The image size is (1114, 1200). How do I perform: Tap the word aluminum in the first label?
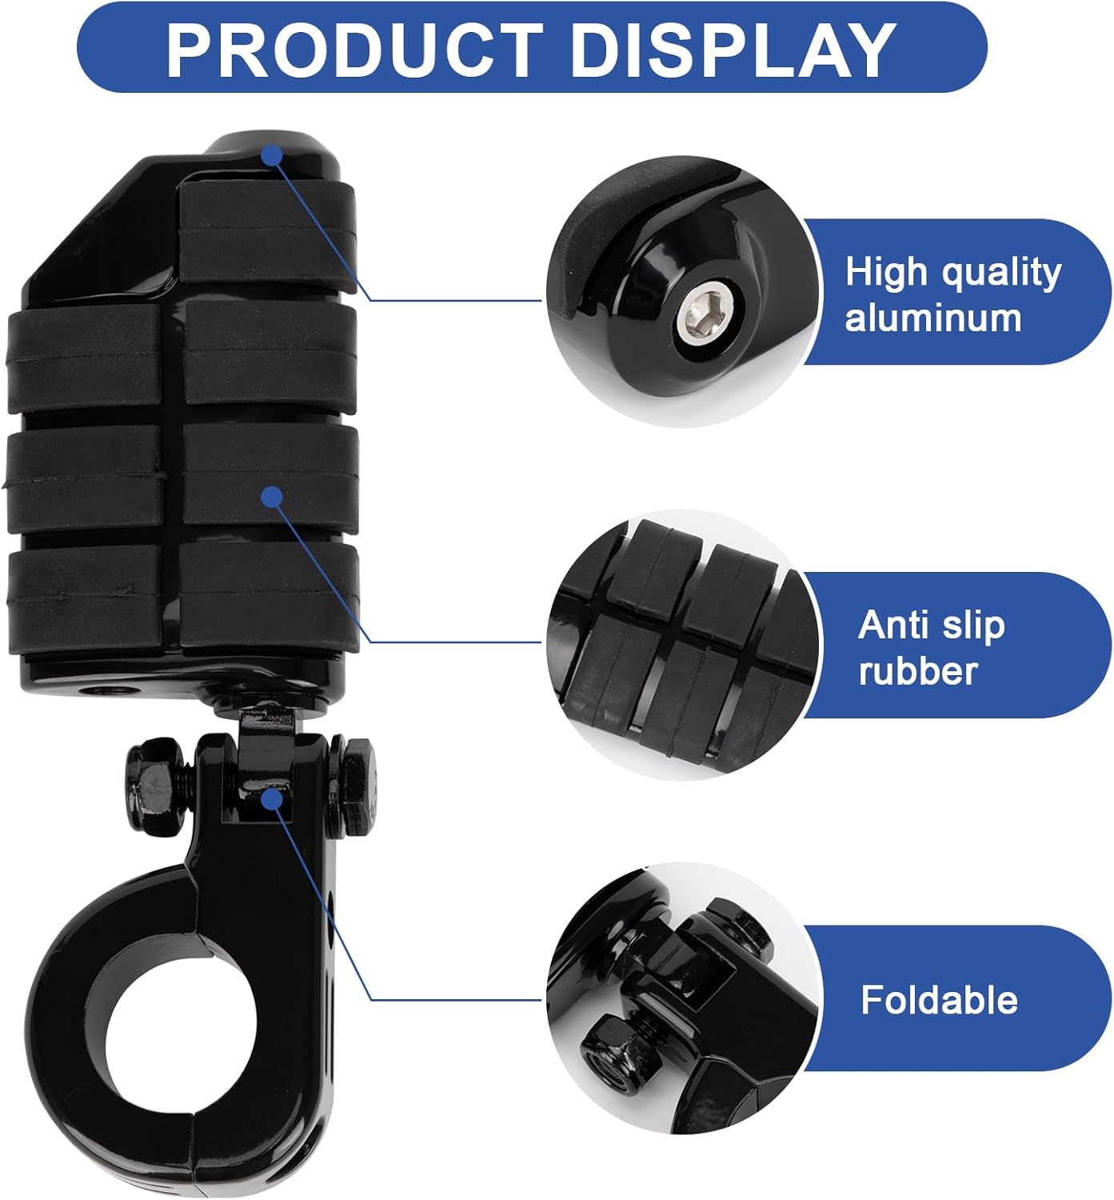click(x=933, y=318)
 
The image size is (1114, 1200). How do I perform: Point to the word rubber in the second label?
click(x=918, y=671)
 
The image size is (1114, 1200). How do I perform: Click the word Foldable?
click(x=939, y=1000)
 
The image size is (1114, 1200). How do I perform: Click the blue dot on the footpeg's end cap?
click(x=273, y=154)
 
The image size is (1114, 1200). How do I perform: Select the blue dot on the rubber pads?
click(x=273, y=497)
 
